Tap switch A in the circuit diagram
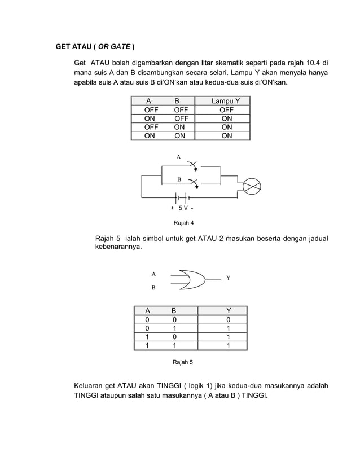coord(193,165)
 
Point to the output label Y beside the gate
coord(228,278)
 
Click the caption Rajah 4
coord(183,222)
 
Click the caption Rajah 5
coord(182,361)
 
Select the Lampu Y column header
coord(226,101)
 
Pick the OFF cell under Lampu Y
coord(226,110)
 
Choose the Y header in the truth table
coord(228,310)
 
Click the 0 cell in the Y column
coord(228,320)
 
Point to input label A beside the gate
coord(153,273)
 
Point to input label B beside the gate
coord(153,288)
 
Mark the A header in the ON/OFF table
coord(149,101)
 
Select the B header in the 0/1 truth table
coord(174,310)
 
